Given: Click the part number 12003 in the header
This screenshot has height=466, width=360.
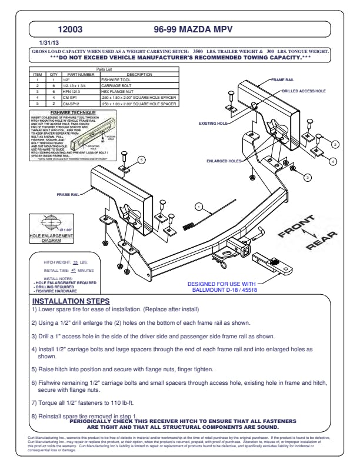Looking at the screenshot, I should point(70,28).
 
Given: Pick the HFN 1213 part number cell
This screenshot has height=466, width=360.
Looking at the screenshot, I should point(71,91).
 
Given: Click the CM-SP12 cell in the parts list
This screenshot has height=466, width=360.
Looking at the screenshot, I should point(71,104).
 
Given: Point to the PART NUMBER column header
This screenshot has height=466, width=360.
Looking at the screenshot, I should point(81,74).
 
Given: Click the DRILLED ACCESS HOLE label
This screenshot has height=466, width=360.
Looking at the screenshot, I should point(304,92).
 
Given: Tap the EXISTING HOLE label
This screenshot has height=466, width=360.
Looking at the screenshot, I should point(213,124).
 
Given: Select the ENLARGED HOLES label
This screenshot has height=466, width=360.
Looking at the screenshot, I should point(224,160).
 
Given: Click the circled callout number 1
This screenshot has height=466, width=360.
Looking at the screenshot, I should point(199,207).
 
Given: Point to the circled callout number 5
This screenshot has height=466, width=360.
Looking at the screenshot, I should point(125,159).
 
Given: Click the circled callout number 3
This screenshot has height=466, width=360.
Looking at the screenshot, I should point(307,177).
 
